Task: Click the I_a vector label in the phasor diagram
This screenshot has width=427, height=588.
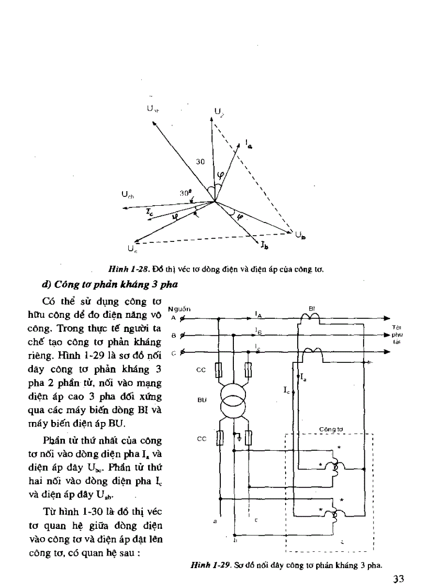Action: [x=248, y=144]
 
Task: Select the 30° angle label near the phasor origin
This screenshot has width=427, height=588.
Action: [x=184, y=193]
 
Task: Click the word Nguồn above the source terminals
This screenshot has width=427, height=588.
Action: [x=181, y=309]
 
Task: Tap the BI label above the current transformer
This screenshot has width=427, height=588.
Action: [x=311, y=308]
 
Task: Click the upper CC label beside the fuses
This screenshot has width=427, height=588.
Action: [x=201, y=370]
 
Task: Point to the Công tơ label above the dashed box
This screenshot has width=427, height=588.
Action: [x=330, y=429]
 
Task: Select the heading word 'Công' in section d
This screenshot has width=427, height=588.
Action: [x=71, y=285]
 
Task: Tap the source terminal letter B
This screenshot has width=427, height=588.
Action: [x=173, y=335]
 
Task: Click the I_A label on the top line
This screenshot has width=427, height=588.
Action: [x=258, y=314]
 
